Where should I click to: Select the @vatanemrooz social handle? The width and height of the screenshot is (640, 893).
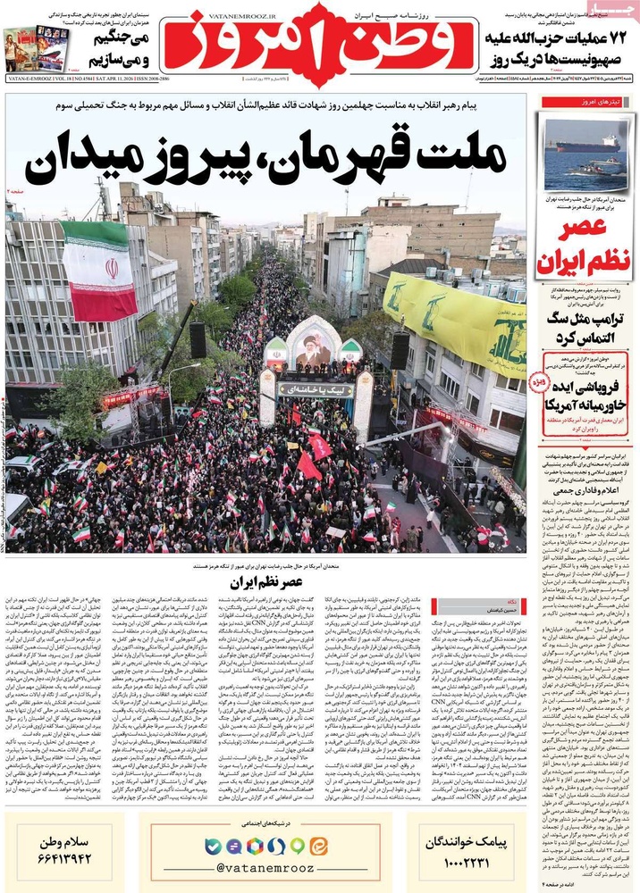(x=265, y=867)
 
